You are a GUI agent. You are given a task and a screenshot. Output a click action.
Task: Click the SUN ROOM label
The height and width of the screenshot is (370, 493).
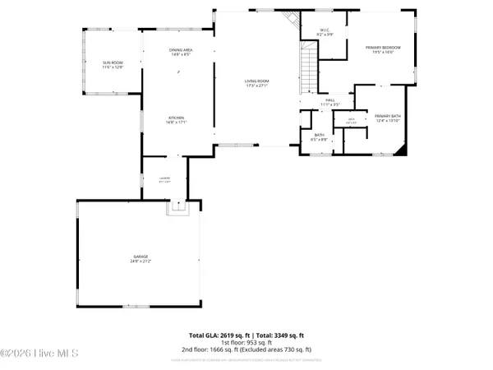pyautogui.click(x=112, y=62)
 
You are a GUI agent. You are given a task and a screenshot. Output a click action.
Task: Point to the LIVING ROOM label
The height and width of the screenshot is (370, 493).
pyautogui.click(x=257, y=81)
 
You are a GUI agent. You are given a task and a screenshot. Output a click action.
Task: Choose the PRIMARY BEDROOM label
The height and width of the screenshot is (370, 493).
pyautogui.click(x=380, y=48)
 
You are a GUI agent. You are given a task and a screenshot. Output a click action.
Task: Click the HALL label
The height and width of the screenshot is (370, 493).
pyautogui.click(x=329, y=101)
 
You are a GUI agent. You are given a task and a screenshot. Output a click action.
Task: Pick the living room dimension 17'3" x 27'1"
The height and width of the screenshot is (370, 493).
pyautogui.click(x=257, y=86)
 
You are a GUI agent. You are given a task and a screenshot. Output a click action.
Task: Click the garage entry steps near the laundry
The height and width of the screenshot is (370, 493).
pyautogui.click(x=176, y=210)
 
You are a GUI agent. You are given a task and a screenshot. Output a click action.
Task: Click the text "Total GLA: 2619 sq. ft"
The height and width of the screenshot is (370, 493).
pyautogui.click(x=218, y=335)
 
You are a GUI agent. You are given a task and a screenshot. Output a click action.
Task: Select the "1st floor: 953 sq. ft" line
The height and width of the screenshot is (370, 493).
pyautogui.click(x=246, y=343)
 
